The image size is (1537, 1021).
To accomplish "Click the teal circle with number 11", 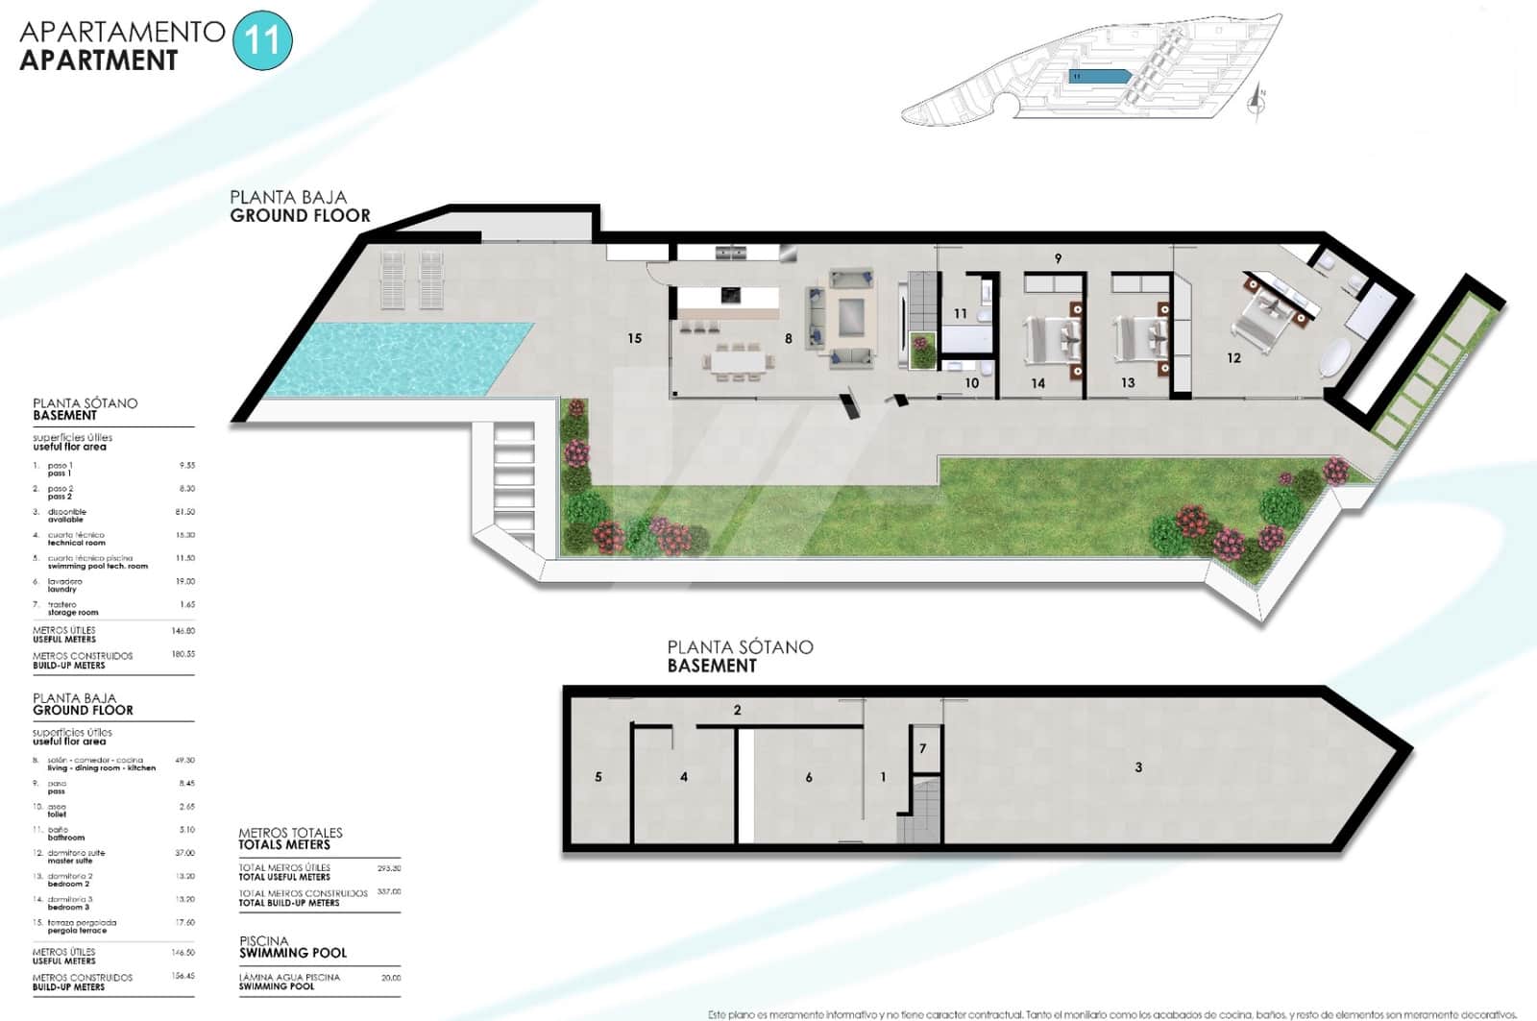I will (262, 41).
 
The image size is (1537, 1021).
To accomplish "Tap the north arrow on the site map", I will (1257, 100).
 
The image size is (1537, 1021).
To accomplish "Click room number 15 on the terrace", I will (634, 338).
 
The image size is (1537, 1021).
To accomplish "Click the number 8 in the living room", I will (789, 338).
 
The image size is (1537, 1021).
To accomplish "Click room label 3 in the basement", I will (1138, 766).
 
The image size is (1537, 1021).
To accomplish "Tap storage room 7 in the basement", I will (923, 748).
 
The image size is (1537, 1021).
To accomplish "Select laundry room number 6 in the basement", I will (809, 777).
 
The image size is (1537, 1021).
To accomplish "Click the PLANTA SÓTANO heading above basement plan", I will (740, 647).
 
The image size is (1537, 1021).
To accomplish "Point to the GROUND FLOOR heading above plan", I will (300, 216).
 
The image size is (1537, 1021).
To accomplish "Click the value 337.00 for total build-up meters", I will (389, 892).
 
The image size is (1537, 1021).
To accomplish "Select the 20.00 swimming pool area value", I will (390, 978).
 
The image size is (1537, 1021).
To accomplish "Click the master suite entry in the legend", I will (77, 857).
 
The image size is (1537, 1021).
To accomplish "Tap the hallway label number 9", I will (1058, 258).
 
